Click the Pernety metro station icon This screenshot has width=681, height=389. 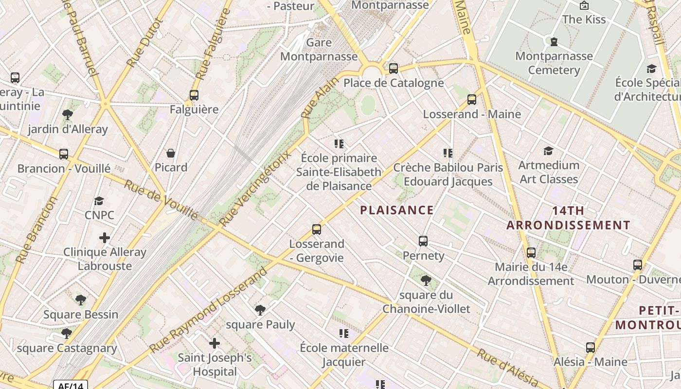click(x=423, y=241)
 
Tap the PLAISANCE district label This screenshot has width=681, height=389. click(x=396, y=210)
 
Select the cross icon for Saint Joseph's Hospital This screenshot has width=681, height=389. click(x=215, y=344)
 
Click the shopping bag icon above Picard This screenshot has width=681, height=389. click(x=171, y=153)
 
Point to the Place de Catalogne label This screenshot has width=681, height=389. click(x=394, y=83)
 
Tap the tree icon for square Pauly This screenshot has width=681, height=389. click(x=260, y=310)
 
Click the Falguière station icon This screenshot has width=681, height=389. click(x=194, y=95)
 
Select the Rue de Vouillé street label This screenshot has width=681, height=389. click(x=161, y=200)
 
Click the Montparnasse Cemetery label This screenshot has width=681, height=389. click(x=554, y=63)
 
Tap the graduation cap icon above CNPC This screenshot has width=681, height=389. click(x=99, y=201)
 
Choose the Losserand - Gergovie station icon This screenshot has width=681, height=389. click(x=317, y=229)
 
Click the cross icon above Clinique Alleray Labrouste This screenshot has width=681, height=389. click(x=105, y=238)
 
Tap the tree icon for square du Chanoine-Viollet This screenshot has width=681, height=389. click(x=426, y=281)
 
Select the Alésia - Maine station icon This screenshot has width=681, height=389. click(x=591, y=348)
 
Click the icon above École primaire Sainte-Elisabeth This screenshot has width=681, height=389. click(x=339, y=144)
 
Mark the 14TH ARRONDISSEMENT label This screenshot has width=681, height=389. click(x=569, y=218)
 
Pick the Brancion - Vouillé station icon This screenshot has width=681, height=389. click(x=64, y=154)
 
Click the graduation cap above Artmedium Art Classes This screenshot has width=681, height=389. click(x=549, y=151)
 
